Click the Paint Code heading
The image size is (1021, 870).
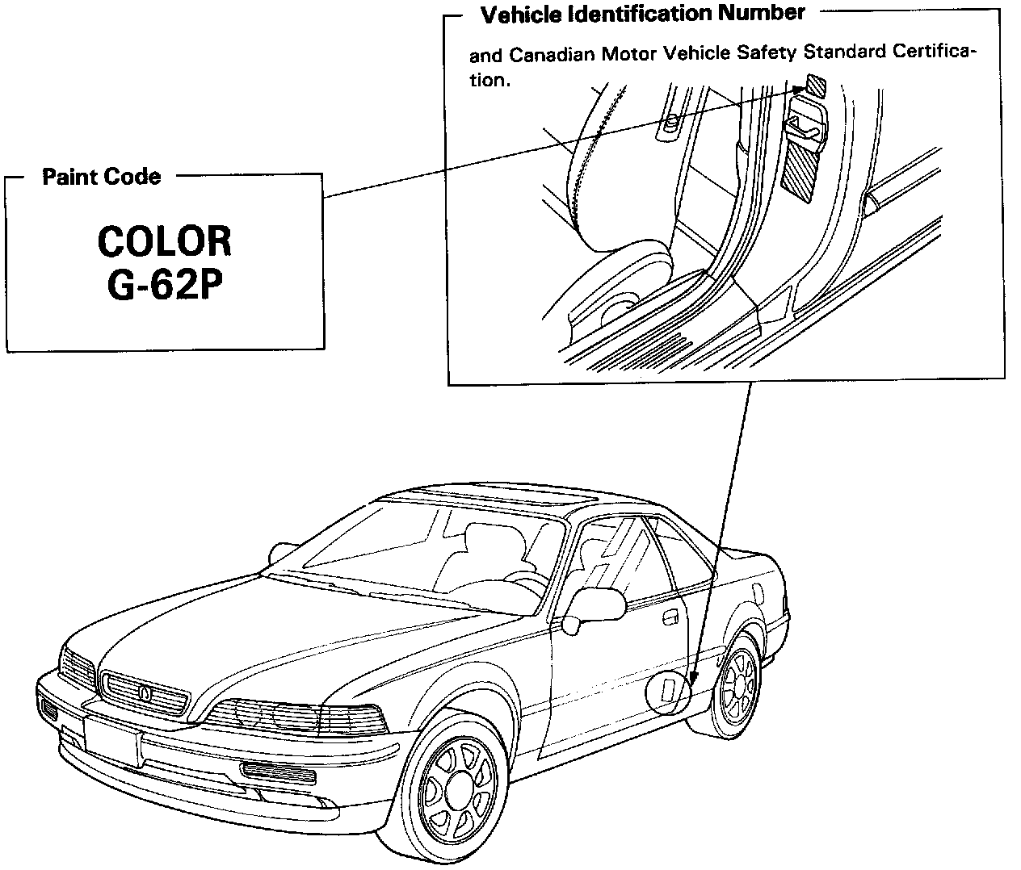click(101, 177)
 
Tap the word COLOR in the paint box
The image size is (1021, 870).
click(164, 241)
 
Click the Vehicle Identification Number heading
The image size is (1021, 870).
click(642, 14)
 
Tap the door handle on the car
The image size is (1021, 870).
click(669, 617)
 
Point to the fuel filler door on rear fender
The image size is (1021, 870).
click(757, 593)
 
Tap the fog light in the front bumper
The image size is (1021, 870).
click(279, 773)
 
